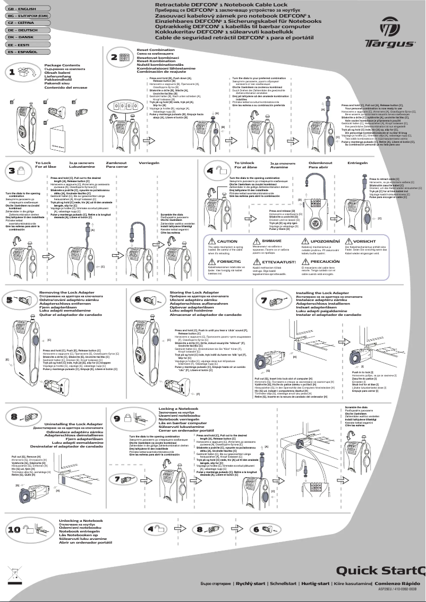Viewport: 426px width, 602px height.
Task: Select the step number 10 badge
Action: click(x=14, y=529)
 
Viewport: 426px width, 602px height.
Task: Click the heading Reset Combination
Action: click(x=156, y=49)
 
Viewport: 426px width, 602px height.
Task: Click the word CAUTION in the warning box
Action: click(x=227, y=241)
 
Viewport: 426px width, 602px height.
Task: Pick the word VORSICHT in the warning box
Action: click(x=364, y=241)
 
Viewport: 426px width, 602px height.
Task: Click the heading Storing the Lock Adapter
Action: click(x=194, y=293)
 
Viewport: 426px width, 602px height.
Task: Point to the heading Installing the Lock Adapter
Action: click(x=322, y=293)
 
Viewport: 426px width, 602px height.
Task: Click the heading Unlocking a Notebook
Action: click(x=80, y=521)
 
